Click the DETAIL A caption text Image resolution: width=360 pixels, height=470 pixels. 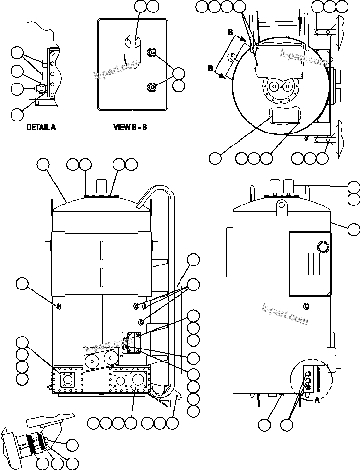(41, 127)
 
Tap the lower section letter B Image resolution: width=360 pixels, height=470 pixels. (210, 68)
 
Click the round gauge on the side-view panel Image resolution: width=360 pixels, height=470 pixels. (324, 247)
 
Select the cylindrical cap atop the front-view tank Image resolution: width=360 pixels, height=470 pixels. (101, 185)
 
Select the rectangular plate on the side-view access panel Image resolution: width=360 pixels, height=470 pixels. (314, 264)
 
